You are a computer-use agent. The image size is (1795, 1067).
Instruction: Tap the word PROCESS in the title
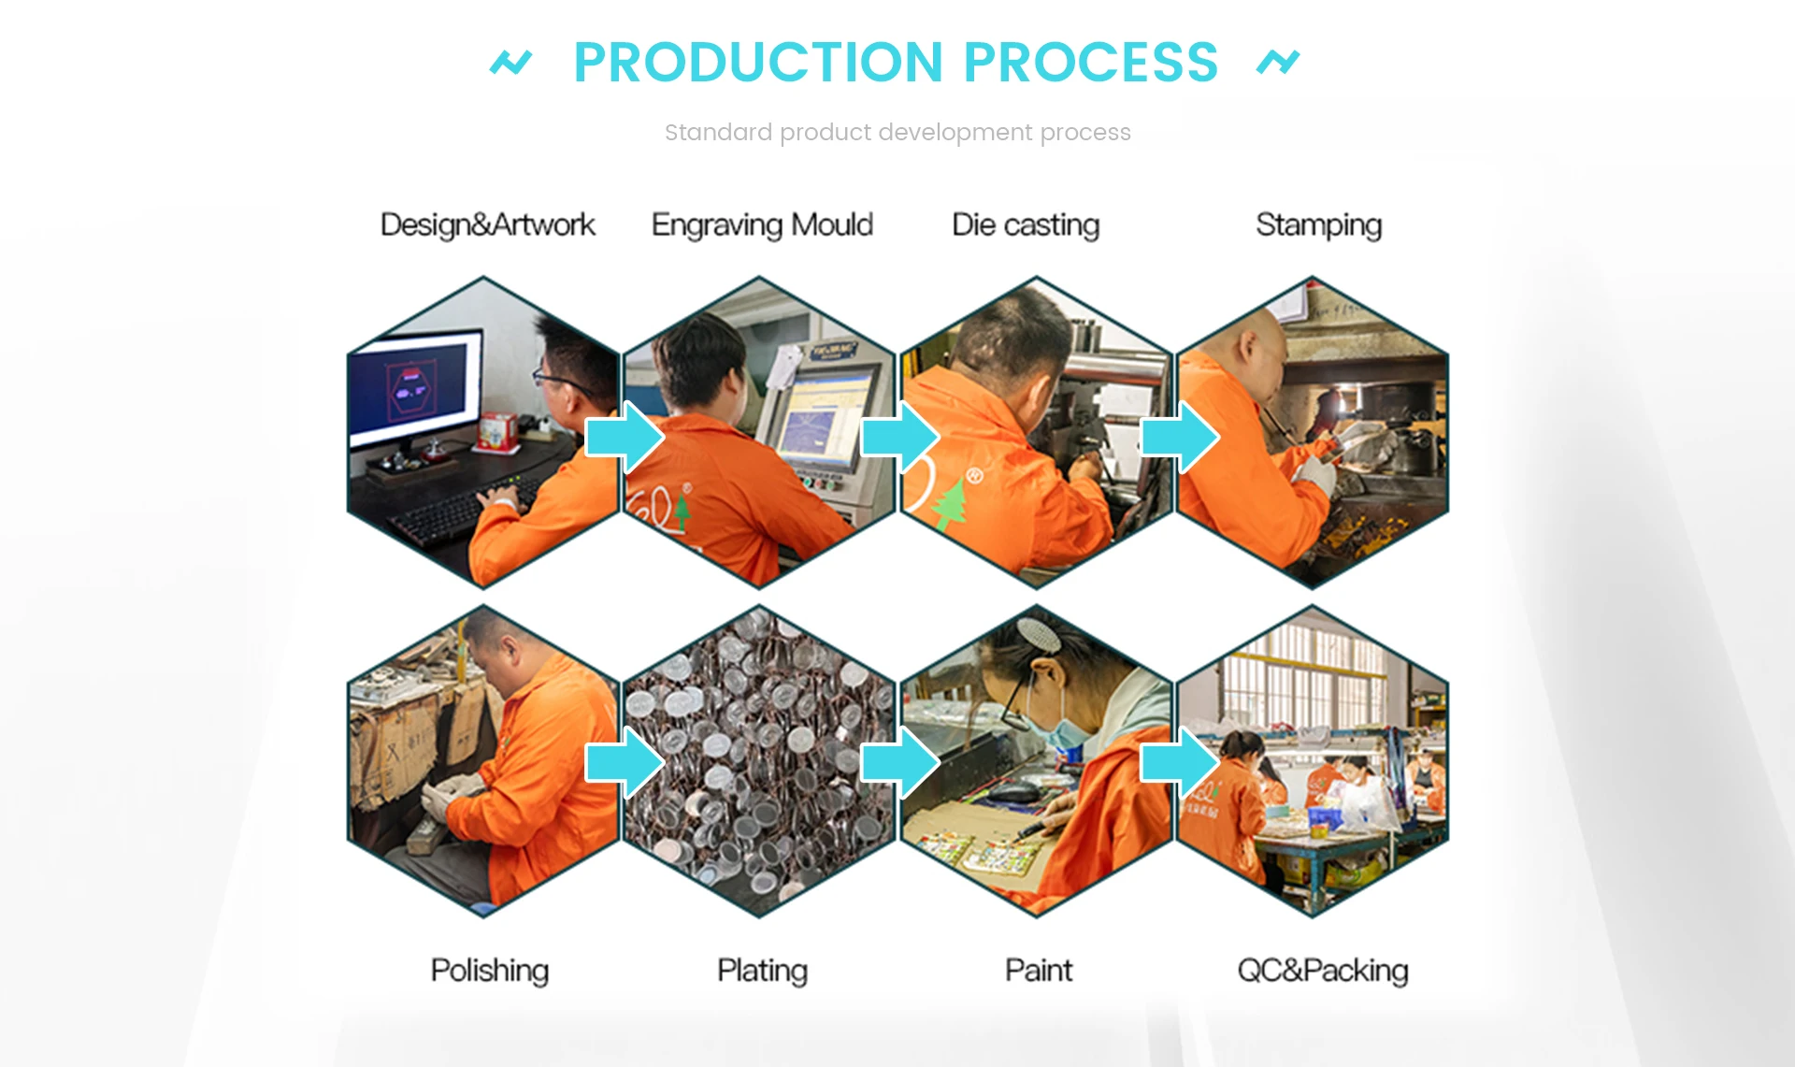coord(1090,63)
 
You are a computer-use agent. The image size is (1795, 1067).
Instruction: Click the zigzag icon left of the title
coord(510,63)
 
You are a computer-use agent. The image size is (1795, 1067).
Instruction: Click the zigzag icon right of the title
coord(1278,63)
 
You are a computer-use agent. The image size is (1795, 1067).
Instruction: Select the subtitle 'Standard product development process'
coord(897,133)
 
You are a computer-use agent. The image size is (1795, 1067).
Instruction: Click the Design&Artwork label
coord(487,225)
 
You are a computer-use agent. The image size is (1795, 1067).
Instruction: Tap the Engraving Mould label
coord(762,225)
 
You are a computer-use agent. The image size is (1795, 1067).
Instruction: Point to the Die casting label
coord(1026,225)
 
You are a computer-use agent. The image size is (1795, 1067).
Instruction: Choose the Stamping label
coord(1318,225)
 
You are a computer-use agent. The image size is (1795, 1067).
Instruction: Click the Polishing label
coord(489,971)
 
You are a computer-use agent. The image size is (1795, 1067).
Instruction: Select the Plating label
coord(762,971)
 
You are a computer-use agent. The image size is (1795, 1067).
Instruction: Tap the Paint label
coord(1038,971)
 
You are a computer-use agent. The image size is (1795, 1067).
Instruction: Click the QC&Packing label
coord(1322,971)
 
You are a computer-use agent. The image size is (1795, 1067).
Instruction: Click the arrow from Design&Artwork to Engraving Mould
coord(625,437)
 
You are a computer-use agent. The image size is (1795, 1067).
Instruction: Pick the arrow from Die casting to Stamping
coord(1180,437)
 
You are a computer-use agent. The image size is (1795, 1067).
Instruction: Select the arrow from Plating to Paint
coord(900,763)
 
